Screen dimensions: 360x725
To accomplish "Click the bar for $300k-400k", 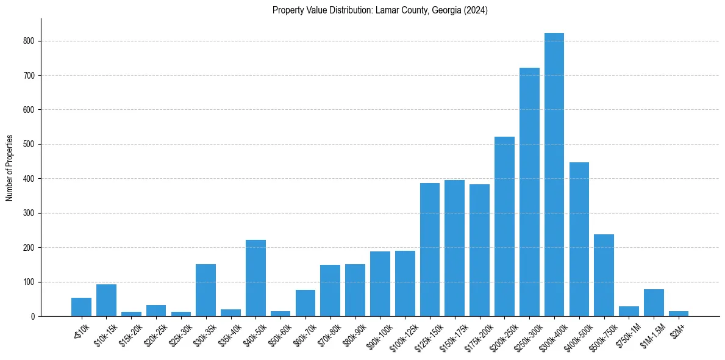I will (x=554, y=175).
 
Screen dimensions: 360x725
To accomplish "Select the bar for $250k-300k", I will (x=529, y=192).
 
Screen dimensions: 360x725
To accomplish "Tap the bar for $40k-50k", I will (x=255, y=278).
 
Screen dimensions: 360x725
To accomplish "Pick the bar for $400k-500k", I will (x=579, y=239).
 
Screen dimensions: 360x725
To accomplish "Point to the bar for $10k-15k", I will (x=106, y=300).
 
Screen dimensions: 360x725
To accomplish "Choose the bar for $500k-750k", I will (x=604, y=275).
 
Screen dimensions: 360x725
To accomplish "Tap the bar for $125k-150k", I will (x=430, y=250).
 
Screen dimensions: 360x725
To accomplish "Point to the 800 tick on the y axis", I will (x=41, y=41).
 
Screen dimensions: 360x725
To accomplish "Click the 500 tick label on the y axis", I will (x=30, y=145).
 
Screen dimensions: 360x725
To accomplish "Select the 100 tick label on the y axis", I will (x=30, y=282).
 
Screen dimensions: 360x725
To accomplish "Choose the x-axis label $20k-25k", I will (x=154, y=332).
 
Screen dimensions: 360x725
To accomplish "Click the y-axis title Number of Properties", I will (x=9, y=167).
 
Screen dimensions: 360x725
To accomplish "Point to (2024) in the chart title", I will (x=476, y=10).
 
